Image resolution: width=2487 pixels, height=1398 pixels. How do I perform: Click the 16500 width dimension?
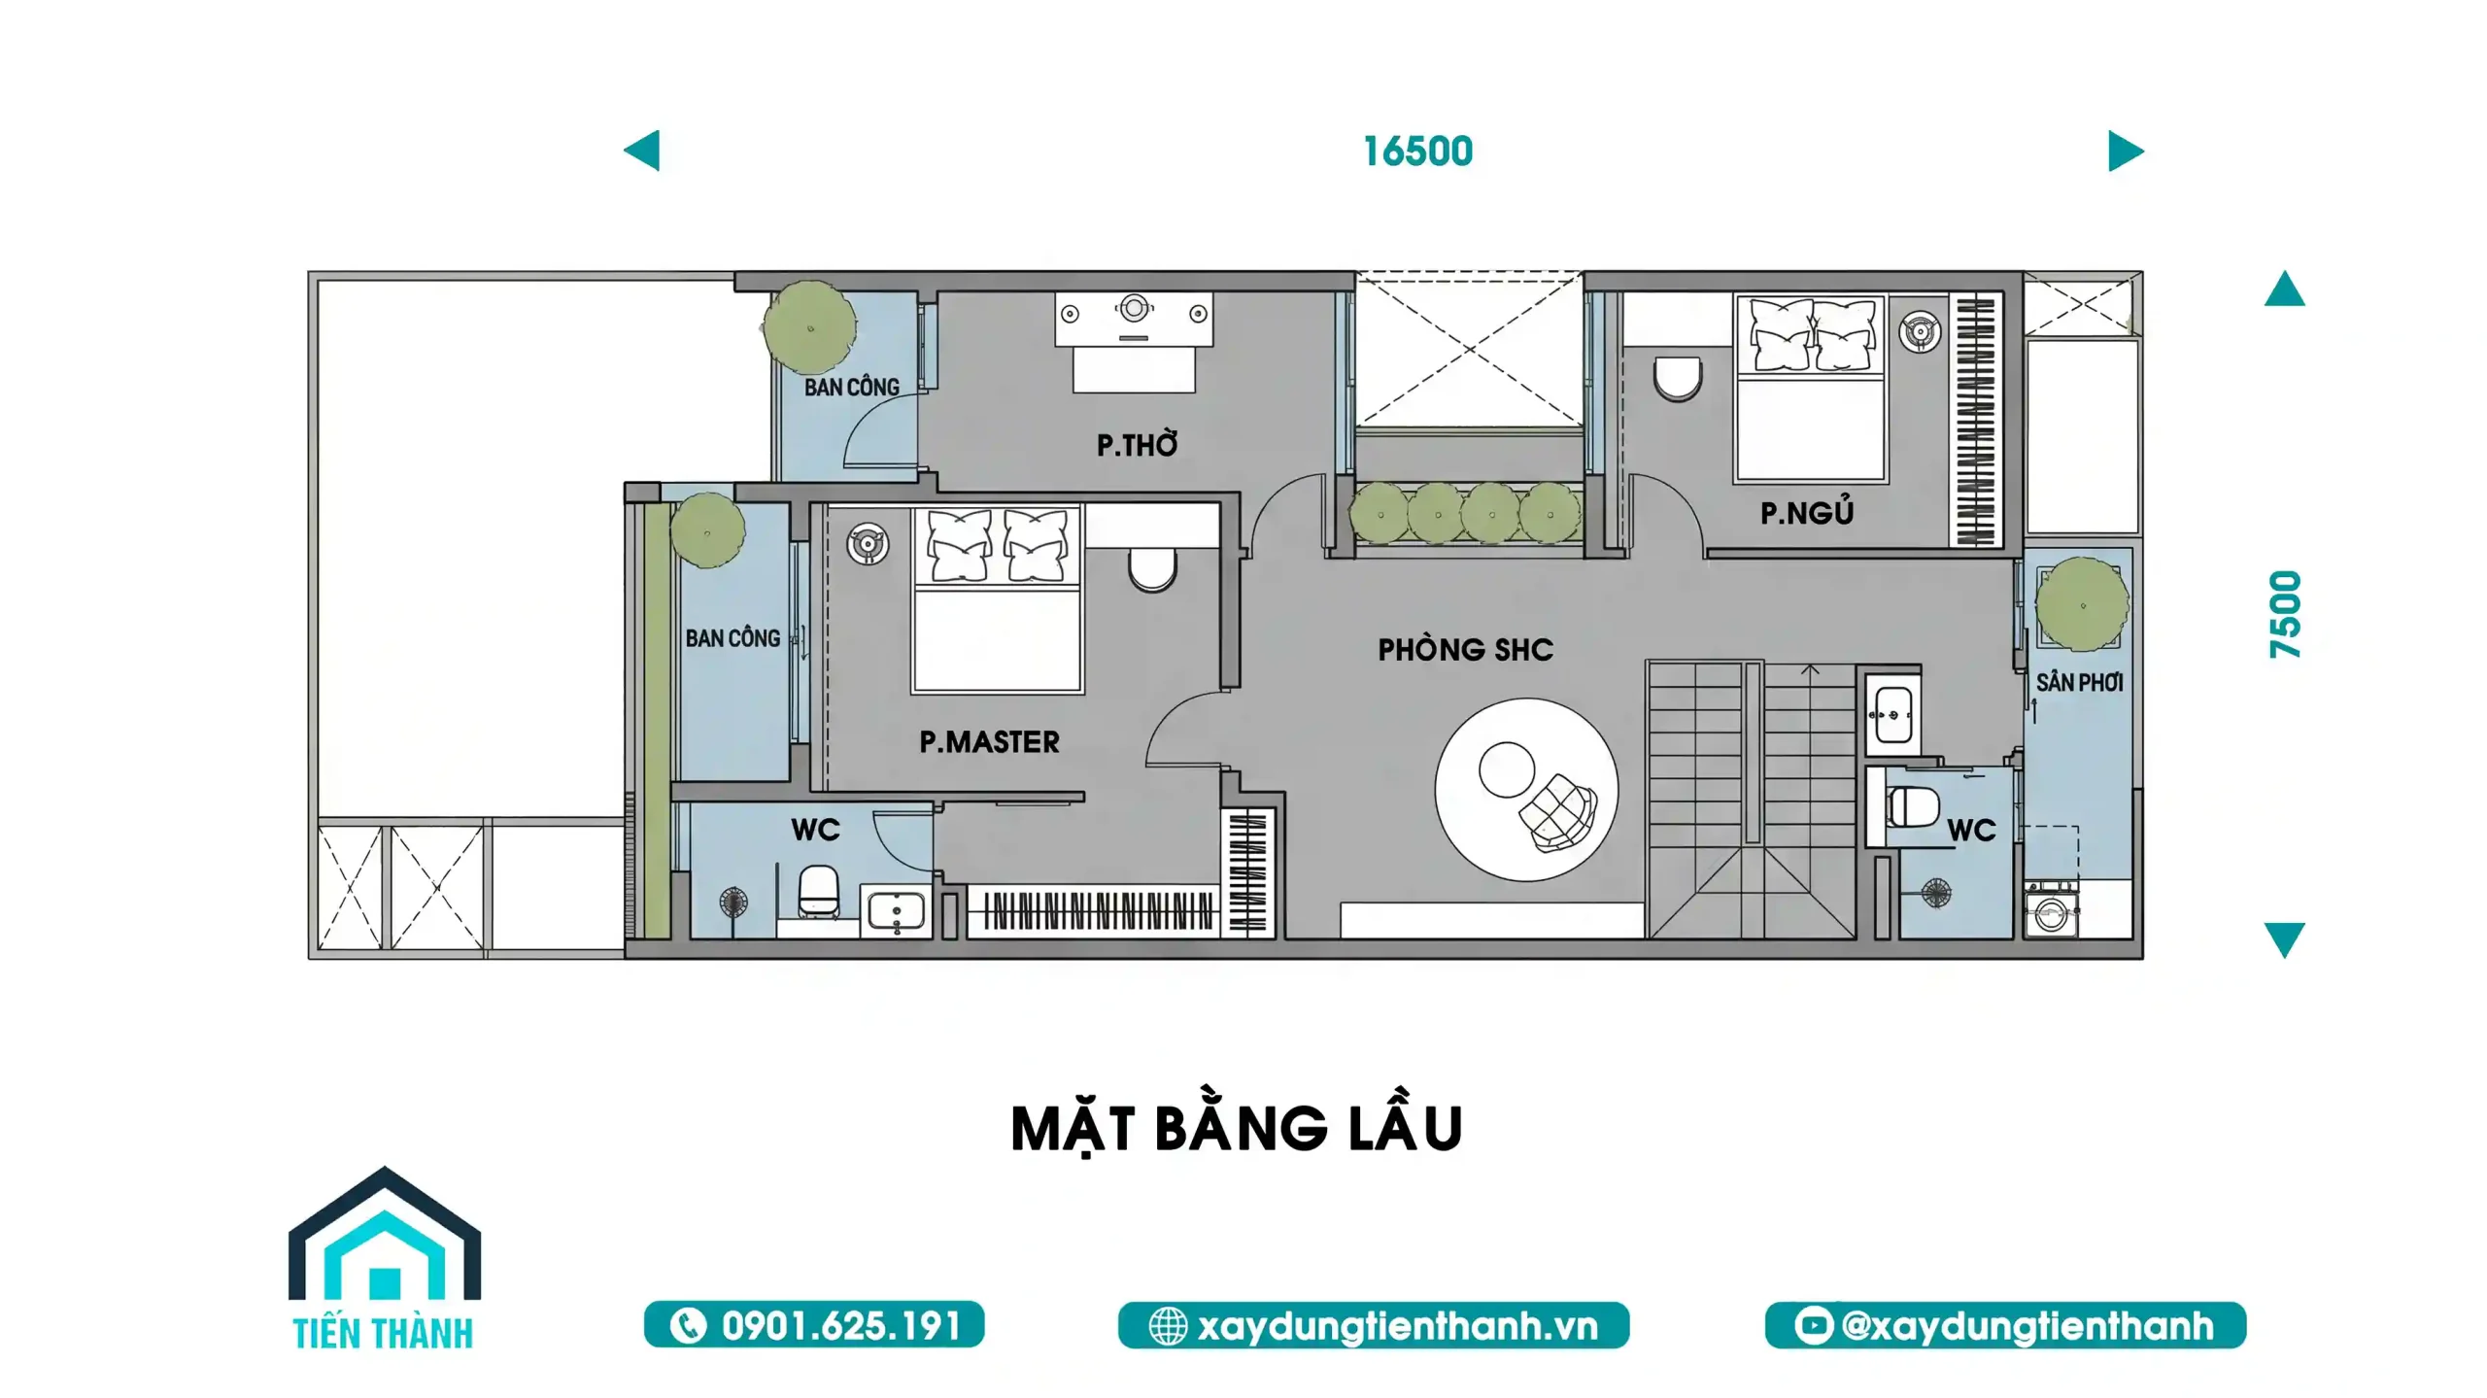[1417, 152]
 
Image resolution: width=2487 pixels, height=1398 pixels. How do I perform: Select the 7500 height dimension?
[2285, 614]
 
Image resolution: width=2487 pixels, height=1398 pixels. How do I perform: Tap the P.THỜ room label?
[1137, 444]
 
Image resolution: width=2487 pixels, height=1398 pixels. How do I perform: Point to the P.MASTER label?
[989, 742]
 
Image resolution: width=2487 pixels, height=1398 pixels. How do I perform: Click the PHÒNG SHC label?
[1465, 649]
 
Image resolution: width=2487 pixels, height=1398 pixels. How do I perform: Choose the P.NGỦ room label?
[1807, 511]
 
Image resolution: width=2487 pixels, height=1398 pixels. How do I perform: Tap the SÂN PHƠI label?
[2079, 682]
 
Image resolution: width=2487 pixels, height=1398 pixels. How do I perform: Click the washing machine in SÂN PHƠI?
[2051, 909]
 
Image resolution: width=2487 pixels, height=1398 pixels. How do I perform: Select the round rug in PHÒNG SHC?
[1526, 790]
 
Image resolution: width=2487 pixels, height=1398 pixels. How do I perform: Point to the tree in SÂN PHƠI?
[2082, 603]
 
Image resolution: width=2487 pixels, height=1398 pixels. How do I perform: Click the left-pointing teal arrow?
[642, 151]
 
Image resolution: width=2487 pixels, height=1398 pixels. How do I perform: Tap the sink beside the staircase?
[1891, 715]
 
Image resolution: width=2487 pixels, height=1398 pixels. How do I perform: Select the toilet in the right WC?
[1910, 806]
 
